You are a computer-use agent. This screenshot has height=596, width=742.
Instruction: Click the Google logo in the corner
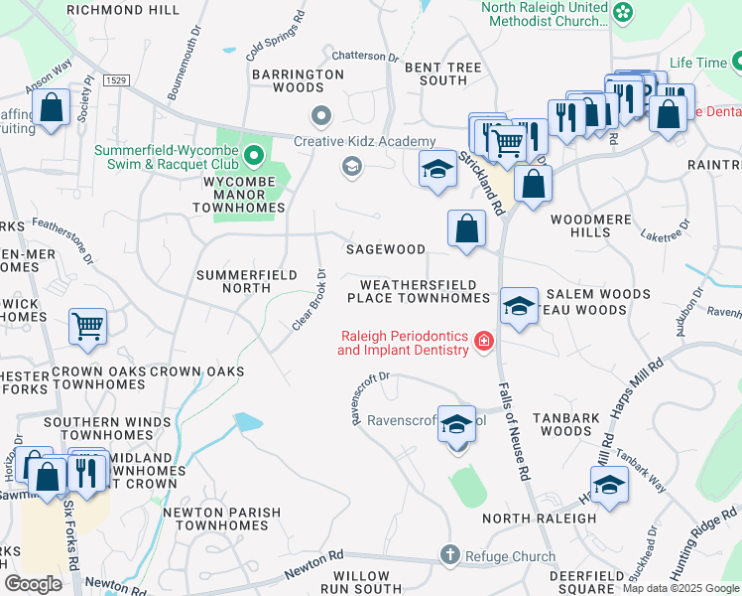point(33,584)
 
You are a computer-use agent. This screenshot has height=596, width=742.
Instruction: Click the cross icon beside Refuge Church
point(449,555)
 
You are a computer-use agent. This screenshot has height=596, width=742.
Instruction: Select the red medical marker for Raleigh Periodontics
point(483,342)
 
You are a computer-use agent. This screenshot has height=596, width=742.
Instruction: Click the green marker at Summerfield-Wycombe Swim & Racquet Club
point(254,154)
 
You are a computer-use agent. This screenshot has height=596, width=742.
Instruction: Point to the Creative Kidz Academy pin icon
point(319,117)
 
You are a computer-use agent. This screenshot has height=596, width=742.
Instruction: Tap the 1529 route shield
point(116,78)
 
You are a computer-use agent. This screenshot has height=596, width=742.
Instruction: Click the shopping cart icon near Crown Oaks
point(87,325)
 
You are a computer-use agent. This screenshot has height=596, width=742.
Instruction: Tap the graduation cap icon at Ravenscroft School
point(456,424)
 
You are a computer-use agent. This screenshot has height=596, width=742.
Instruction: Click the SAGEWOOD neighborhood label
point(385,249)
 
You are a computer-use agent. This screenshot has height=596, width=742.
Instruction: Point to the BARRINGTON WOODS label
point(298,80)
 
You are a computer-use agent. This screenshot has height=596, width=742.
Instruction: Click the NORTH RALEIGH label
point(541,519)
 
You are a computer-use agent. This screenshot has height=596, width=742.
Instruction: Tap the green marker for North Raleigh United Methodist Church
point(622,13)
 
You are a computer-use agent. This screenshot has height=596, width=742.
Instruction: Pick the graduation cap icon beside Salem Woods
point(518,306)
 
